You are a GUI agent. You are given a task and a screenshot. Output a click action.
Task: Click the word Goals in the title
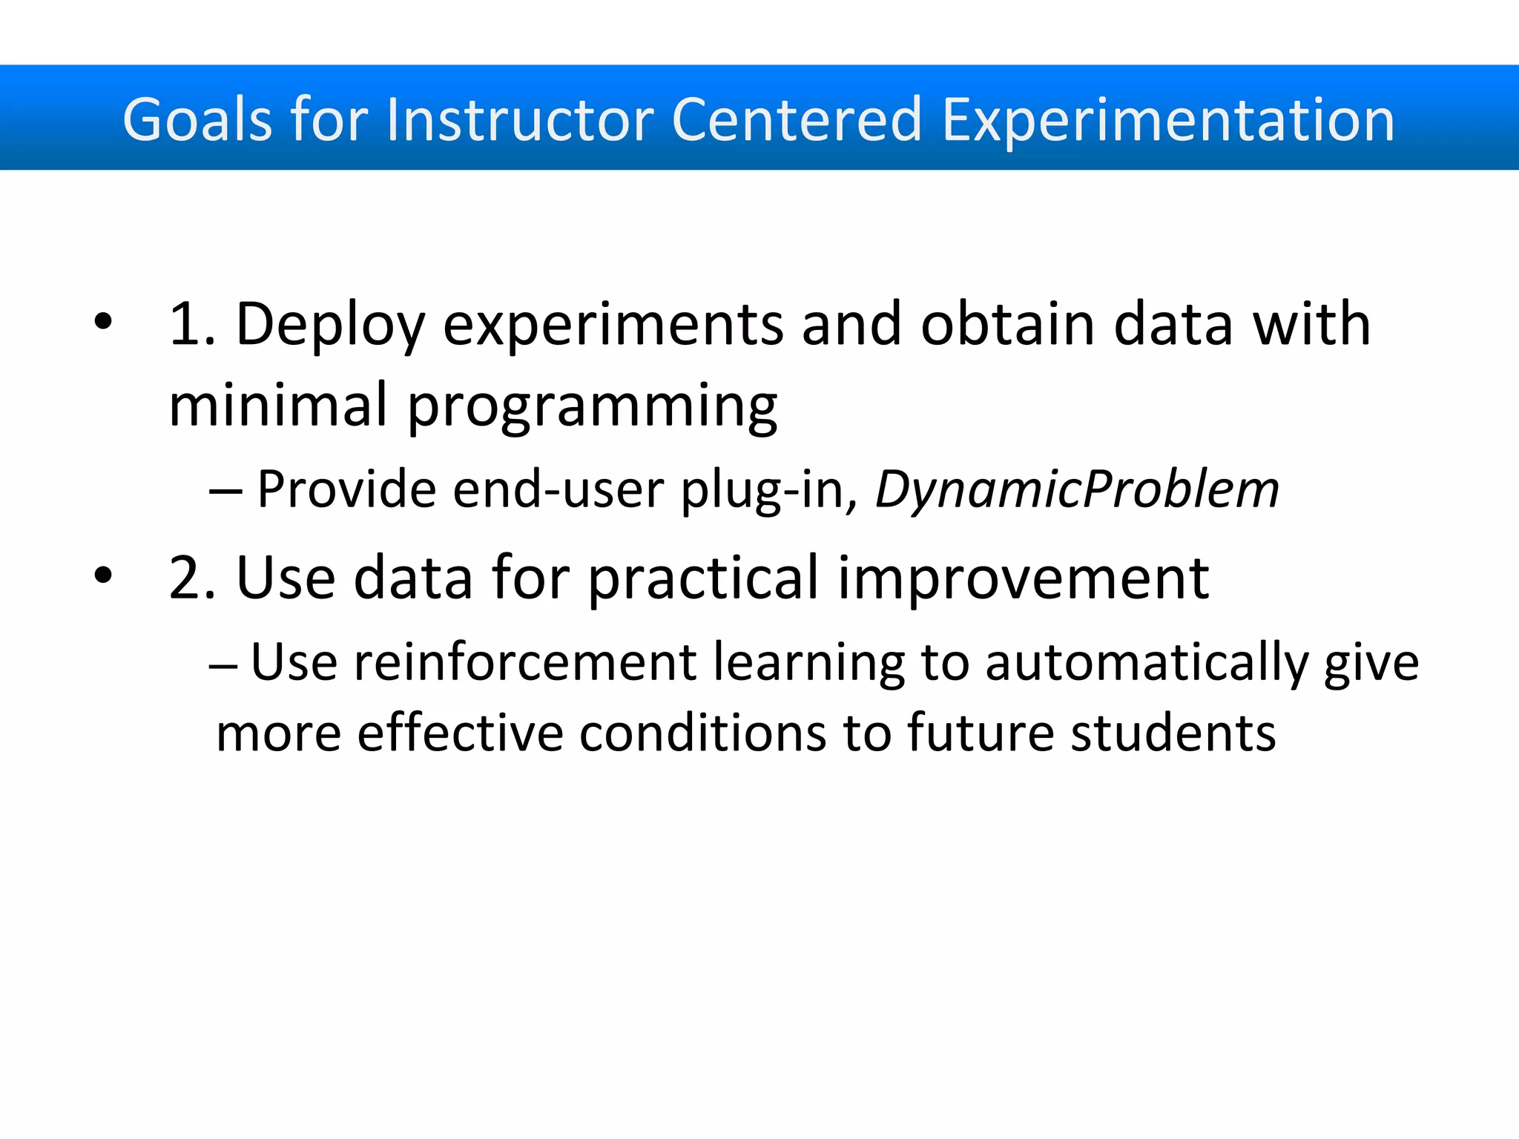pos(197,120)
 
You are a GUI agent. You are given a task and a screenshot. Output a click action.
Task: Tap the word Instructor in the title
pos(520,120)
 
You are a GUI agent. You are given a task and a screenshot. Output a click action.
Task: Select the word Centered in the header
pos(797,120)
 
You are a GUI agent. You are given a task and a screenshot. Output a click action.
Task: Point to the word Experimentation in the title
pos(1168,120)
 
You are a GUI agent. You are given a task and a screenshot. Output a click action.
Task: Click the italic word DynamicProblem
pos(1077,489)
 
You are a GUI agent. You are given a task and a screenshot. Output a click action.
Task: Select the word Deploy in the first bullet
pos(329,325)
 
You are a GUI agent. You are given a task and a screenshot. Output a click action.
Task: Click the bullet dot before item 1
pos(103,322)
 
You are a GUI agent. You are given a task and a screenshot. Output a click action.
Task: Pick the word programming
pos(593,406)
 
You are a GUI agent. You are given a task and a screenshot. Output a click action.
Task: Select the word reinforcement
pos(524,661)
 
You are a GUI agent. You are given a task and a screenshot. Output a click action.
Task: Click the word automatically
pos(1146,663)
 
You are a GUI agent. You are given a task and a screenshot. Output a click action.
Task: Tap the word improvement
pos(1023,578)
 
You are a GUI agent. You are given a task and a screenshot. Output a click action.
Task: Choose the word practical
pos(703,578)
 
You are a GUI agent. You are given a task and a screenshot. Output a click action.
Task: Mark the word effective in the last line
pos(460,733)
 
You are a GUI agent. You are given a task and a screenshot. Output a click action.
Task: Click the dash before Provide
pos(225,491)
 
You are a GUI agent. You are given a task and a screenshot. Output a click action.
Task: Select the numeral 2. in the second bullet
pos(191,577)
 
